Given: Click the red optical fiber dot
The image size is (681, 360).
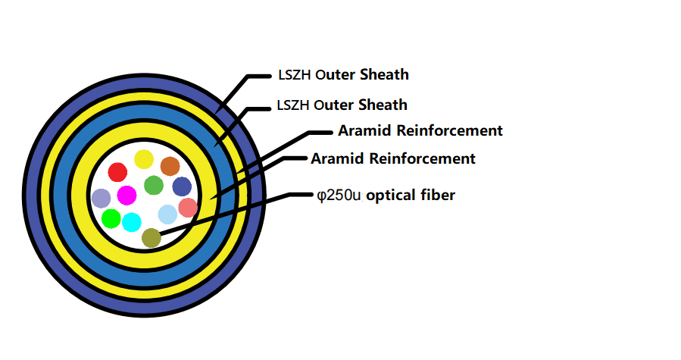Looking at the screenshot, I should click(117, 172).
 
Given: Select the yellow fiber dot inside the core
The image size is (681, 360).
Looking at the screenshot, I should click(144, 159).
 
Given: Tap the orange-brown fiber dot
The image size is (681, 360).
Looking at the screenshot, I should click(170, 166).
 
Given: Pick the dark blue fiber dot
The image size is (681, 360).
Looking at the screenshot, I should click(182, 186).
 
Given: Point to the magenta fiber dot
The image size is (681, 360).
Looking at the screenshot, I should click(127, 195).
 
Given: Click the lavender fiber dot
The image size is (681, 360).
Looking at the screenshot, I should click(101, 199).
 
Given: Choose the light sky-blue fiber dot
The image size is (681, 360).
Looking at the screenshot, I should click(167, 214).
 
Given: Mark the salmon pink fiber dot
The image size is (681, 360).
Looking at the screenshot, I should click(188, 208).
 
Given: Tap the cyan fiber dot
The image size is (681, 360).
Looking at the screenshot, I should click(132, 222).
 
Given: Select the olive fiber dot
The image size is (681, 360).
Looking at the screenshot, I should click(152, 238).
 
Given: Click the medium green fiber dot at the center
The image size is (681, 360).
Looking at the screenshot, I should click(154, 185).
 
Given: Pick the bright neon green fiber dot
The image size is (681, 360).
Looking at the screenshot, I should click(111, 219).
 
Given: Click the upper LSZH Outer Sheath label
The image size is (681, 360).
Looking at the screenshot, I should click(343, 75).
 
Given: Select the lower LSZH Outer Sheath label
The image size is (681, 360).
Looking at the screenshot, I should click(342, 105).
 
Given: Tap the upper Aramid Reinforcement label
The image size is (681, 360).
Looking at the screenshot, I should click(420, 130).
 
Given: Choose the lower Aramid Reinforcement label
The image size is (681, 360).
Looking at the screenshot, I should click(392, 158).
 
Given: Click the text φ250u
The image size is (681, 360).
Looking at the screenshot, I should click(339, 196).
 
